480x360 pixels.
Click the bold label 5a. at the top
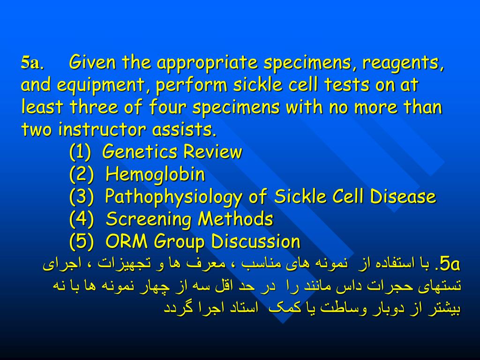tap(32, 63)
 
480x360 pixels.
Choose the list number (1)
tap(81, 152)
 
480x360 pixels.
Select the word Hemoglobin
tap(155, 175)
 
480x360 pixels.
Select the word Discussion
tap(255, 242)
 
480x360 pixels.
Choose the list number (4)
tap(81, 219)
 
